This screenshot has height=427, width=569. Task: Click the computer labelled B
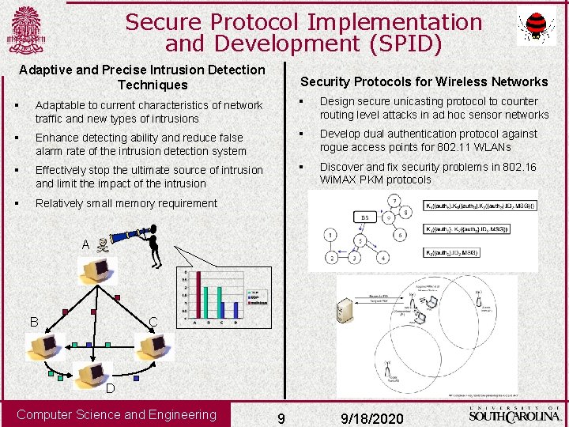pyautogui.click(x=44, y=346)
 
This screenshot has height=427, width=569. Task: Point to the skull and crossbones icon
pyautogui.click(x=102, y=245)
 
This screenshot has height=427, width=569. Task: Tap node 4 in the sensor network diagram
pyautogui.click(x=382, y=258)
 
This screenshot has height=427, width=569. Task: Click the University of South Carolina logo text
pyautogui.click(x=514, y=414)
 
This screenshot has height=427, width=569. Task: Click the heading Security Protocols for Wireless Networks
pyautogui.click(x=424, y=81)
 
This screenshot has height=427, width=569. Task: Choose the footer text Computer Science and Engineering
pyautogui.click(x=116, y=414)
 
